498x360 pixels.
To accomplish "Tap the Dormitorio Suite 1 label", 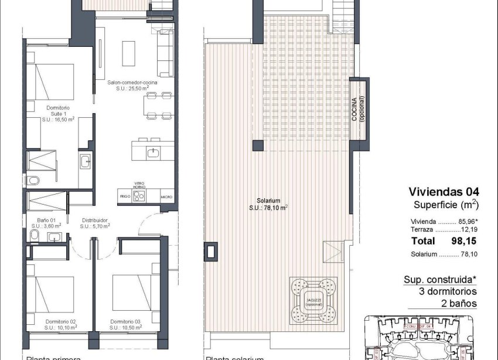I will click(58, 113).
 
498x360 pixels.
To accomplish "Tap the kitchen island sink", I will click(153, 153).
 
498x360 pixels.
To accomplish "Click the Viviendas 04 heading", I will click(444, 192).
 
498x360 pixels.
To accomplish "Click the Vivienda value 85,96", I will click(466, 222).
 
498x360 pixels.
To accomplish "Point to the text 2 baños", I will click(461, 303).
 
